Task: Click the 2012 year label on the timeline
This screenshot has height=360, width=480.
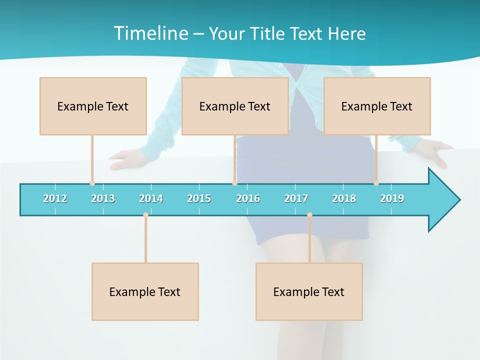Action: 55,198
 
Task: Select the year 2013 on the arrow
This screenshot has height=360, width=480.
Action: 103,198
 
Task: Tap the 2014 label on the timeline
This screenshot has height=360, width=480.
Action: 151,198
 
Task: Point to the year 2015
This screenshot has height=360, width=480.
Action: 199,198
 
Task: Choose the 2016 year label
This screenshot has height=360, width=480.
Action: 248,198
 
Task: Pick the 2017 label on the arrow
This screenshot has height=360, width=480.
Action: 296,198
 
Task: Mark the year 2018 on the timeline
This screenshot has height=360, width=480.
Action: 344,198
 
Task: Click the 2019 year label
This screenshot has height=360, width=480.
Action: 392,198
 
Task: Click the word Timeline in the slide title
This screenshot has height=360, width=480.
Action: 150,33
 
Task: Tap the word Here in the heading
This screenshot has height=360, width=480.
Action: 346,33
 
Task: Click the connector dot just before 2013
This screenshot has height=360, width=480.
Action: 92,183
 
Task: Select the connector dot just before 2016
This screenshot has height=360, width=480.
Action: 234,183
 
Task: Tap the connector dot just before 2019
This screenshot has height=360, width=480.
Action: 376,183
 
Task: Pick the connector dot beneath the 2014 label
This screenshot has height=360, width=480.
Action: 145,215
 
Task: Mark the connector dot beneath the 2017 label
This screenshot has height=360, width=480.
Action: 309,215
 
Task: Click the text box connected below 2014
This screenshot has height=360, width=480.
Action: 145,291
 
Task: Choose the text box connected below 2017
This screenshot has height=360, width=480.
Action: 309,291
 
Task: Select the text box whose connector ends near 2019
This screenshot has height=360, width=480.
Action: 377,106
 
